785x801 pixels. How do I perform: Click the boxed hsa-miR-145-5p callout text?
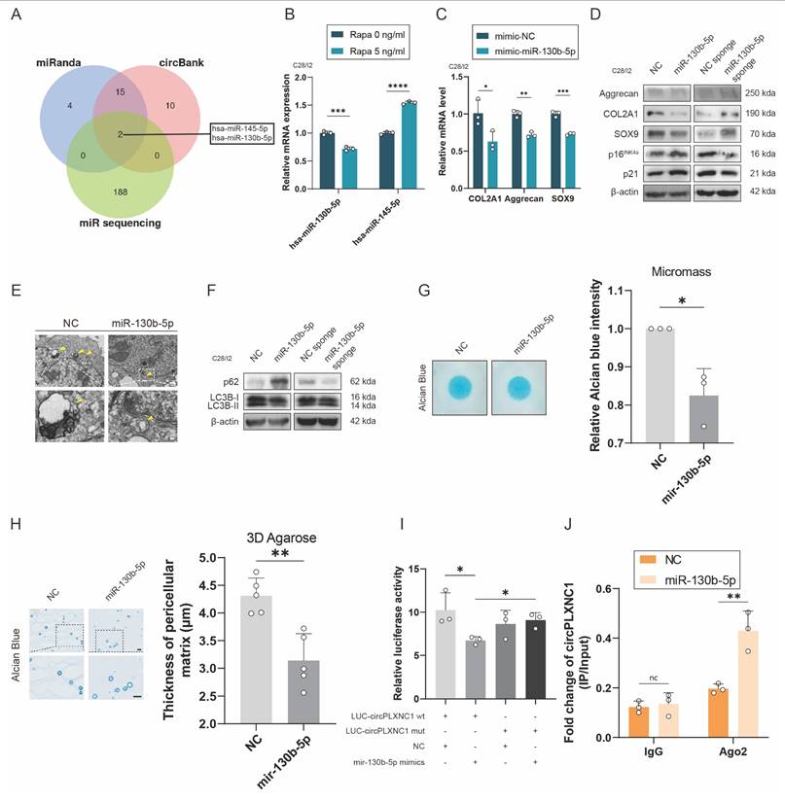pyautogui.click(x=247, y=127)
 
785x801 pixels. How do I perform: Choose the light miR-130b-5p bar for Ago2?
pyautogui.click(x=721, y=684)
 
